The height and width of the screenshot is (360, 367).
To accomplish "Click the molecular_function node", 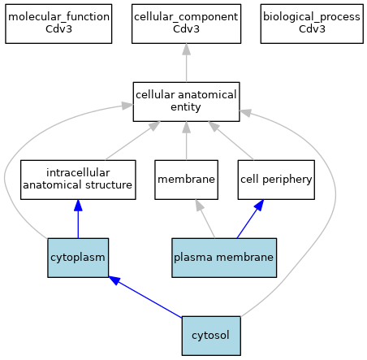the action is coord(58,24).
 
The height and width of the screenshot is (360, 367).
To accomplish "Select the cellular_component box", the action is coord(186,24).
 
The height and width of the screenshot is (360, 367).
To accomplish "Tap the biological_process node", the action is coord(312,24).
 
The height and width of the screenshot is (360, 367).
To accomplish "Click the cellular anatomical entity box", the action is coord(186,102).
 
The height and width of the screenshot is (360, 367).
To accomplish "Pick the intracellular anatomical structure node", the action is coord(78,180).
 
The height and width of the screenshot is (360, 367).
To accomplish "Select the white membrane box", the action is coord(186,180).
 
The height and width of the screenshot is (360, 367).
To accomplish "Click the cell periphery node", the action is coord(276,180).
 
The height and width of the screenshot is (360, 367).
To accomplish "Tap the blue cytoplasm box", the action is coord(78,258).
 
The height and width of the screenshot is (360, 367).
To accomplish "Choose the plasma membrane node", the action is coord(224,258).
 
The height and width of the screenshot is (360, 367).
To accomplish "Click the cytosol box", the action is coord(211,336).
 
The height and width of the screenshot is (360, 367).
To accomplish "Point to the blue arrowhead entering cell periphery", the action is coord(259,205).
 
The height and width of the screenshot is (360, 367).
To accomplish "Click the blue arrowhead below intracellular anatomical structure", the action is coord(78,206).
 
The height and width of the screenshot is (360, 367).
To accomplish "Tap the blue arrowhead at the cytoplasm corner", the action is coord(114,280).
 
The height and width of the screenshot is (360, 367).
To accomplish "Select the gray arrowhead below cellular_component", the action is coord(186,49).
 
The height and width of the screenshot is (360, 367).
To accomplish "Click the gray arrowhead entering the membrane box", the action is coord(199,205).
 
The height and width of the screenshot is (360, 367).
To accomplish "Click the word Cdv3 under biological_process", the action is coord(312,29).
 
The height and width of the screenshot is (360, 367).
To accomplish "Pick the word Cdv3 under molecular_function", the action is coord(58,29).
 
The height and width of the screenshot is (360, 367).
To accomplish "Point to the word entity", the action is coord(186,107).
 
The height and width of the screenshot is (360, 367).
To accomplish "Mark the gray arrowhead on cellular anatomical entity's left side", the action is coord(127,106).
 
